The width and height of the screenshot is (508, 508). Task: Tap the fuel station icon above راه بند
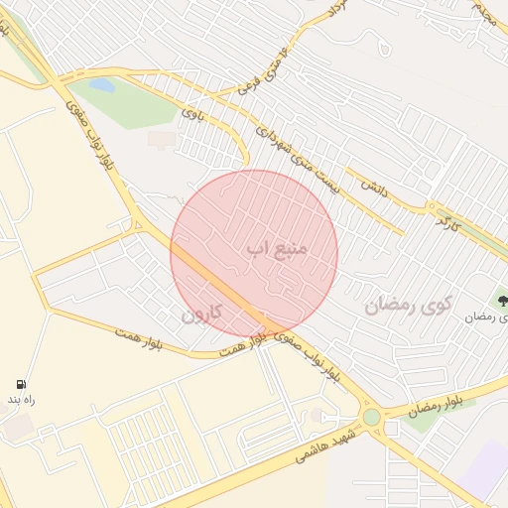coord(21,384)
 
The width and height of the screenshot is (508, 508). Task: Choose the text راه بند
coord(21,399)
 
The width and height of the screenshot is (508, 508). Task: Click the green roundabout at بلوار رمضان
coord(371,418)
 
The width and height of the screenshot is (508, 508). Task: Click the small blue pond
coord(101,85)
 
